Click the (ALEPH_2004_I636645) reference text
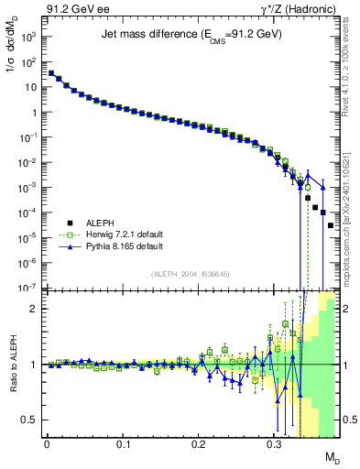191,274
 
